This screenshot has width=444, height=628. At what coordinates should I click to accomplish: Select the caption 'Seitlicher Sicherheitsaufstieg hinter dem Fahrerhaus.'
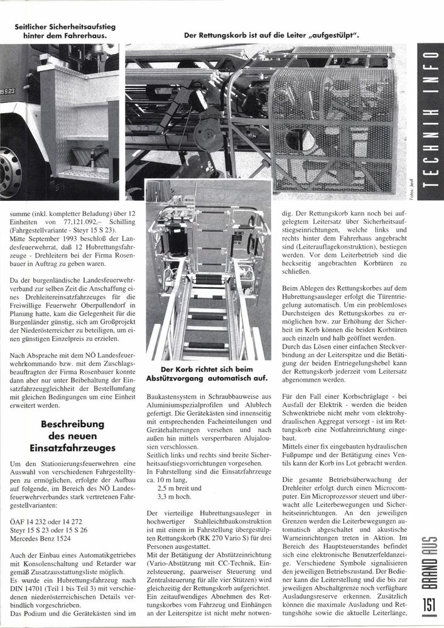click(x=63, y=31)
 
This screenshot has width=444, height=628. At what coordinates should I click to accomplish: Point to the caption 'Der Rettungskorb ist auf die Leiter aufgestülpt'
click(x=271, y=36)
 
